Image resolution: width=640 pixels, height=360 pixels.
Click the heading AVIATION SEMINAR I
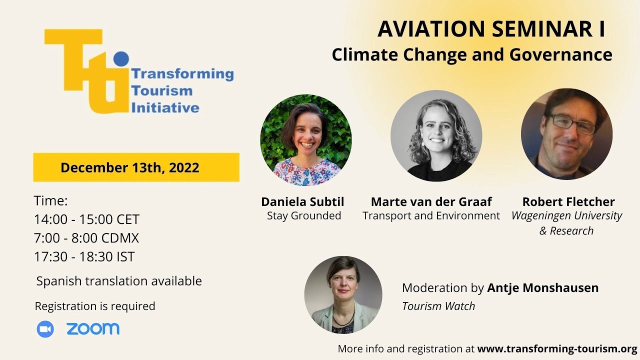491,29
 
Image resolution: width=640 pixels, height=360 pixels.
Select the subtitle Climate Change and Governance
471,54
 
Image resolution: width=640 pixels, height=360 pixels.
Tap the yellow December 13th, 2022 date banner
136,167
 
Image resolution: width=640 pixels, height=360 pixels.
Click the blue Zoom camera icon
45,328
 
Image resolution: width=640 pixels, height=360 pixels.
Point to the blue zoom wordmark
93,328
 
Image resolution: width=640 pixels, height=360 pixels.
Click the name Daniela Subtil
302,201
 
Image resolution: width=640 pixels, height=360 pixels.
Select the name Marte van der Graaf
431,201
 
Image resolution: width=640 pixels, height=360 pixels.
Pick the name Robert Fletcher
568,201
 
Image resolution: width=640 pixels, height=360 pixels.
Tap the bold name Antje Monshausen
542,288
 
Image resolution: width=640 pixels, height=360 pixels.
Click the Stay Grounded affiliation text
303,215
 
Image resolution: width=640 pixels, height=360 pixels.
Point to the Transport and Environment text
431,215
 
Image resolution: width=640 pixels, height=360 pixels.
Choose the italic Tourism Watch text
438,306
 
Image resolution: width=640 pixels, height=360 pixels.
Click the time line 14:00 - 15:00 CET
86,219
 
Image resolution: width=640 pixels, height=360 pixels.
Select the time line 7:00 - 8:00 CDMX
86,238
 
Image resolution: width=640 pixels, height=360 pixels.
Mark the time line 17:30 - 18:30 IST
84,256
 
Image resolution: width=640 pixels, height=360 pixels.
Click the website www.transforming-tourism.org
557,348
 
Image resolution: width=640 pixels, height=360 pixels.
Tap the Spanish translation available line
119,281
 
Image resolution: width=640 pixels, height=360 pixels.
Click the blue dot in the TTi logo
121,58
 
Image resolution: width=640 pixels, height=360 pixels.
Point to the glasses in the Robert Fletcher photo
572,123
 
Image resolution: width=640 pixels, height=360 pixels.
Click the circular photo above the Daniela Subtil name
305,140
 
